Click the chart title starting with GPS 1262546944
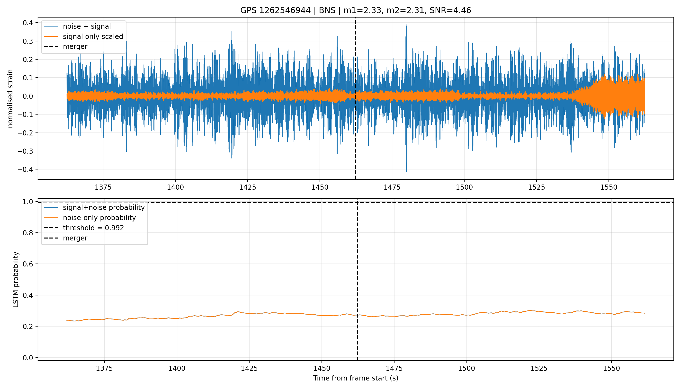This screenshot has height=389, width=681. click(356, 10)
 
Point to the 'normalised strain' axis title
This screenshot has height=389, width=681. click(10, 98)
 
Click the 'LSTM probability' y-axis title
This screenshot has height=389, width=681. click(16, 279)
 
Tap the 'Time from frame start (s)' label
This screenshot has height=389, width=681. click(356, 378)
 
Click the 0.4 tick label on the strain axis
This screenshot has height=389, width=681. click(28, 23)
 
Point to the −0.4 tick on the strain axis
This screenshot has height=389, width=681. click(25, 169)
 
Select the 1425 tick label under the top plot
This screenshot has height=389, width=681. click(248, 187)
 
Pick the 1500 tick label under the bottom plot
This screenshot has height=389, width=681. click(466, 368)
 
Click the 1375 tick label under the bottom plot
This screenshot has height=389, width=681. click(104, 368)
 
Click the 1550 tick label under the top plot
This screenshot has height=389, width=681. click(609, 187)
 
